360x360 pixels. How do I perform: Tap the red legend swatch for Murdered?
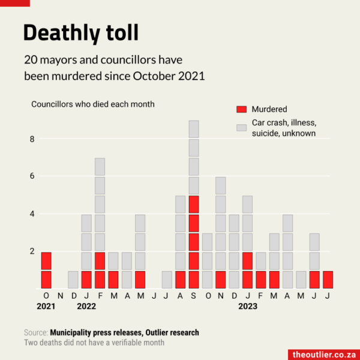242,109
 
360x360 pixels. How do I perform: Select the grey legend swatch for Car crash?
242,128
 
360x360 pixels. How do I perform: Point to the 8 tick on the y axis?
33,139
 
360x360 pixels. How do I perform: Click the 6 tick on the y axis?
33,176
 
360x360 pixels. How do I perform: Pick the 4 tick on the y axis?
33,214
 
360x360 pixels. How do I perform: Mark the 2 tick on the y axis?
33,251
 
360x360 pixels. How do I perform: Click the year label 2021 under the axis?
46,307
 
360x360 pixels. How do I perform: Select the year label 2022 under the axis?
87,307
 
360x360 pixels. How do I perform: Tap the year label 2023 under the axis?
247,307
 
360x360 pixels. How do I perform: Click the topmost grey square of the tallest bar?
194,130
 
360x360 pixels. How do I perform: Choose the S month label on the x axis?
194,296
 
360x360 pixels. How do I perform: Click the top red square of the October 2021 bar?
46,261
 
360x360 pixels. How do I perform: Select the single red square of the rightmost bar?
328,280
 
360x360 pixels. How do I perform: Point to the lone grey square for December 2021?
73,280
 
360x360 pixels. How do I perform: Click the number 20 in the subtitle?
31,61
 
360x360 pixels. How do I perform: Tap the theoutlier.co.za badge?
324,354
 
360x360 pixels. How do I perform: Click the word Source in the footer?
35,332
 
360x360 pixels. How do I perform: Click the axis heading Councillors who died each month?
93,104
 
